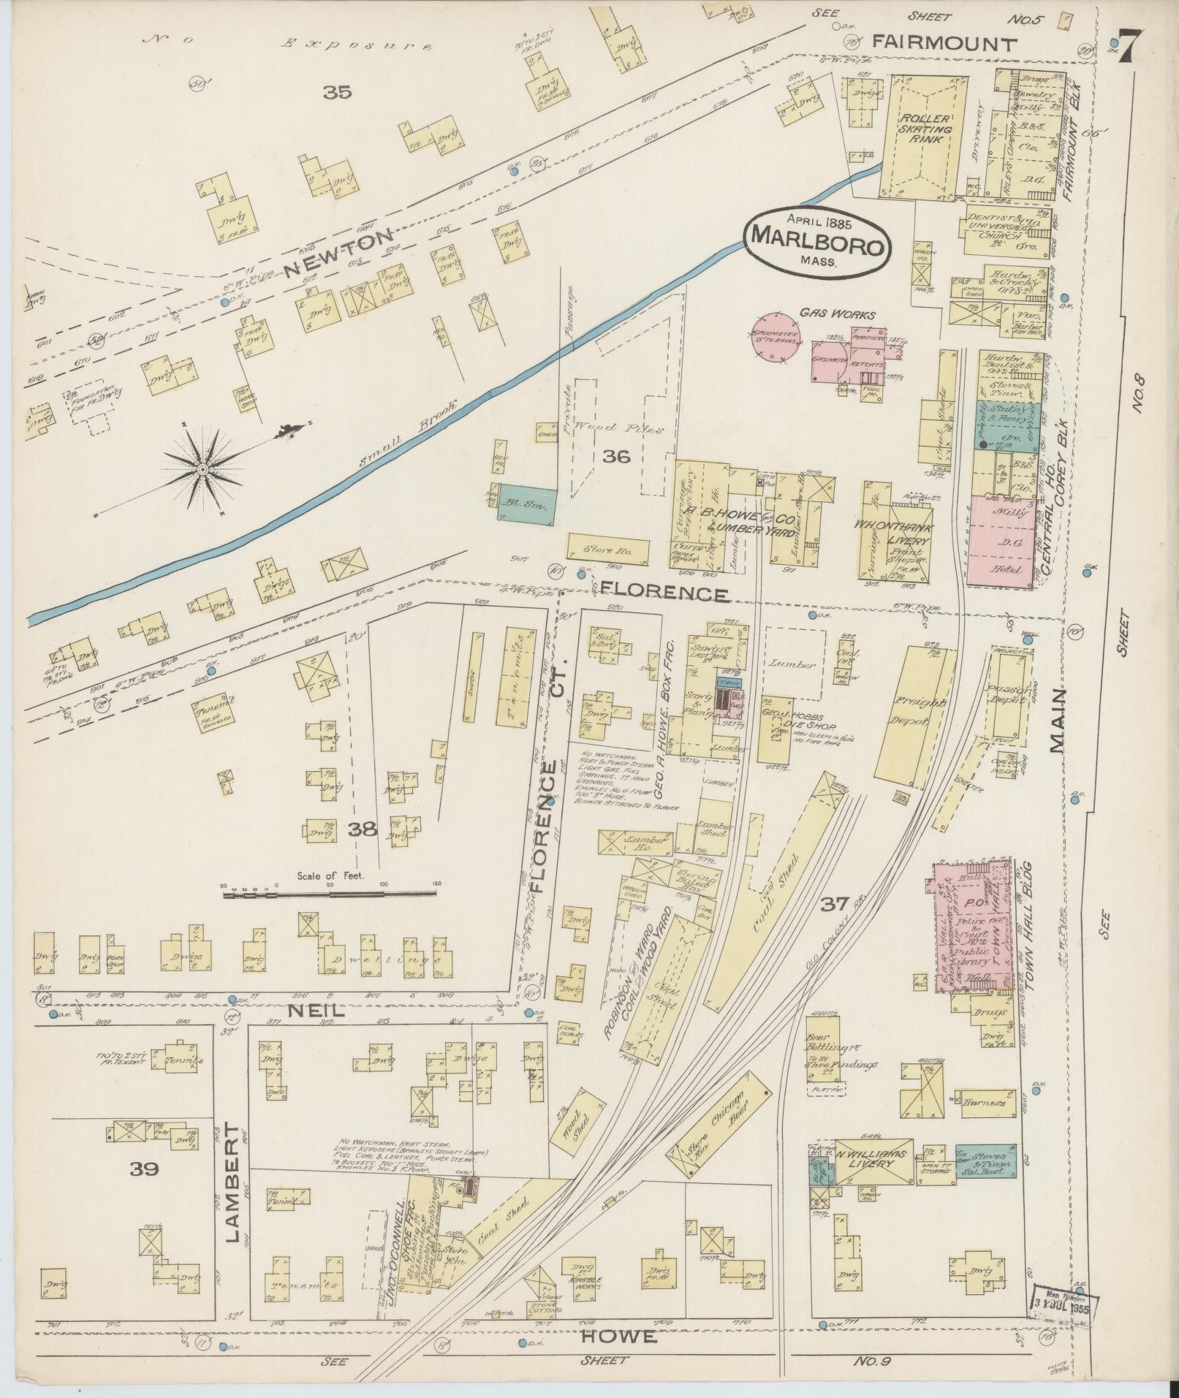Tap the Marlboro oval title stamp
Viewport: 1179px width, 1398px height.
pyautogui.click(x=818, y=241)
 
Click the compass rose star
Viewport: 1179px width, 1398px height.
pyautogui.click(x=203, y=468)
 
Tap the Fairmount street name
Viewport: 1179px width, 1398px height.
pyautogui.click(x=945, y=44)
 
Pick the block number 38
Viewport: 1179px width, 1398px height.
pyautogui.click(x=363, y=828)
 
